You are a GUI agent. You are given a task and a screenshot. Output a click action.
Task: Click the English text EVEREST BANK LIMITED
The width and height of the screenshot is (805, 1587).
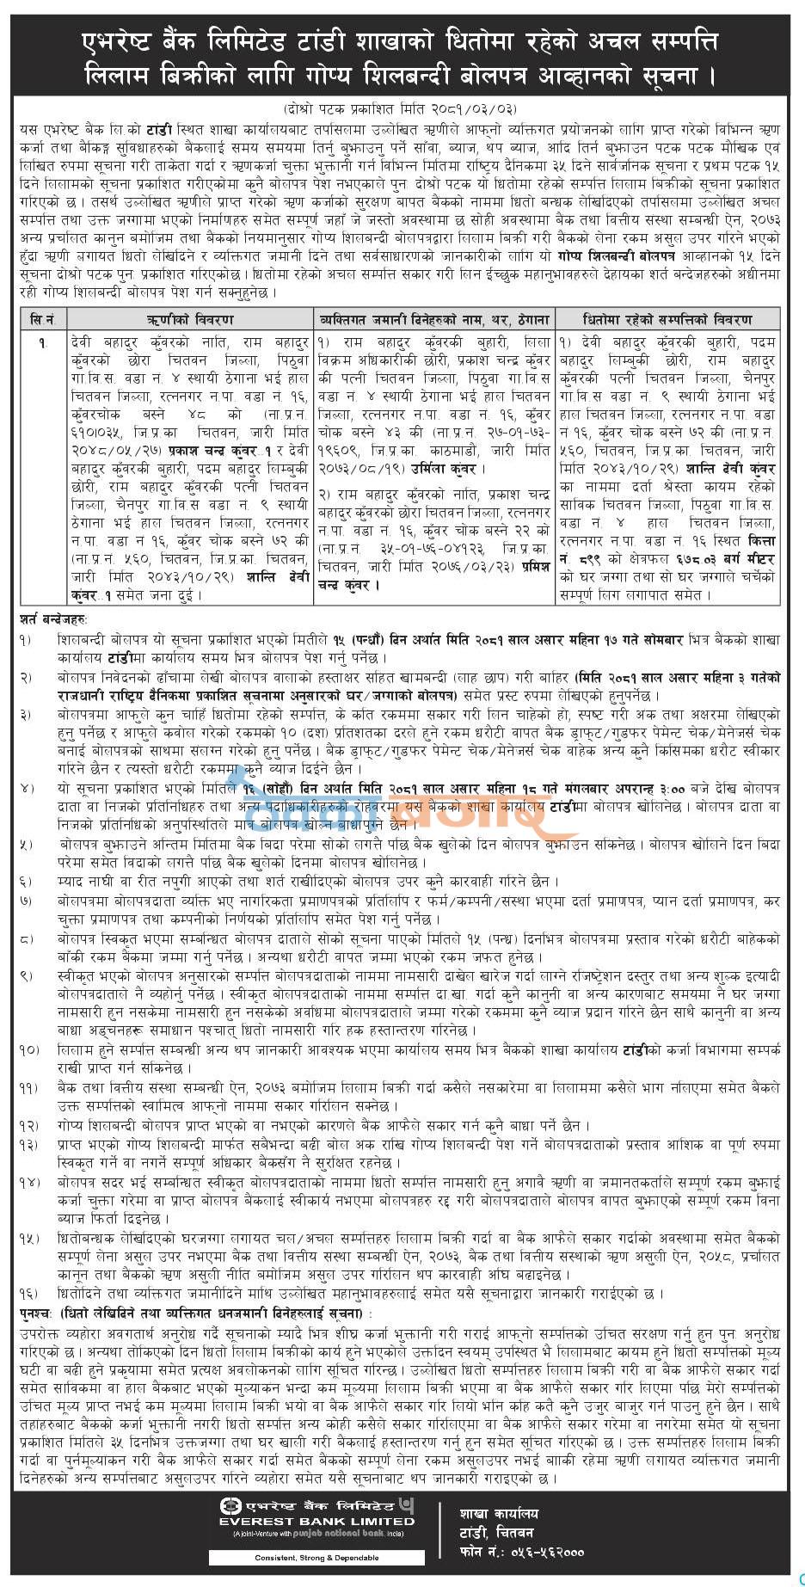[x=316, y=1521]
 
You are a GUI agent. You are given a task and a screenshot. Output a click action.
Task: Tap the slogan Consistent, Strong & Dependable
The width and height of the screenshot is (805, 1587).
[x=316, y=1558]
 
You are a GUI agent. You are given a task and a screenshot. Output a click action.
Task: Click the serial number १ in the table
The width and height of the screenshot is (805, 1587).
[x=41, y=342]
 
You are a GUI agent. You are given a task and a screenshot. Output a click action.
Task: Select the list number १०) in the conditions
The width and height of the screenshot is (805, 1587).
[x=29, y=1050]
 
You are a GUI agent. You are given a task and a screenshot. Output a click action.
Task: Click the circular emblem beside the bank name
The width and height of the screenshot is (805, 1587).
[x=229, y=1505]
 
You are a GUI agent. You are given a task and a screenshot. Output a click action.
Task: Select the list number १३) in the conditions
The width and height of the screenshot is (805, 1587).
[x=29, y=1144]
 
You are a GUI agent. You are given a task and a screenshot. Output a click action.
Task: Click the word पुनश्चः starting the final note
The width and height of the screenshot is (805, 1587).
[x=38, y=1314]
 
